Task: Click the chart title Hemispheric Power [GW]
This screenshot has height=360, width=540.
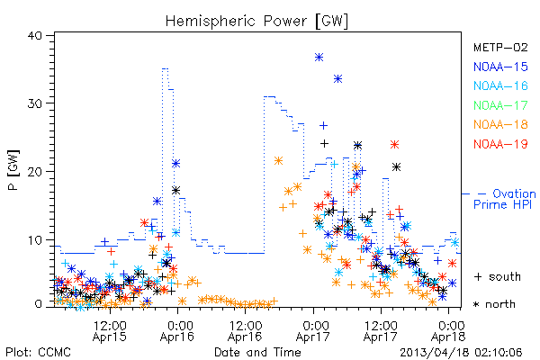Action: (256, 22)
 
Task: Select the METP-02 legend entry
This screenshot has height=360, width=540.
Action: (500, 47)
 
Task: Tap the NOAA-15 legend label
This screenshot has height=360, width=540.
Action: (500, 67)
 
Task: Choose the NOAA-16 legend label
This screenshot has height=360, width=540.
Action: (500, 85)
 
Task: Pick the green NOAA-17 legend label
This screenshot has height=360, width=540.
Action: (500, 105)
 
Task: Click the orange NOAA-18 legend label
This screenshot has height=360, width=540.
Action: (500, 124)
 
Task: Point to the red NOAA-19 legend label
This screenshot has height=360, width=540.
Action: (500, 144)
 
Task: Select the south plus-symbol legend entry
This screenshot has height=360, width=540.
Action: (498, 276)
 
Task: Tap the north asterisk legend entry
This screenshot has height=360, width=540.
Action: (494, 304)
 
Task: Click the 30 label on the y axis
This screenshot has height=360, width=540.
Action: (34, 103)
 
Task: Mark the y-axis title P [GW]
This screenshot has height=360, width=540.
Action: (13, 170)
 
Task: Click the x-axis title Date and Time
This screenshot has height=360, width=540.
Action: (257, 352)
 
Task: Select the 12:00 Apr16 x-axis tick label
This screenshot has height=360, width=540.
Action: (246, 331)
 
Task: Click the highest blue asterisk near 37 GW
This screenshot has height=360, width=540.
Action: (319, 58)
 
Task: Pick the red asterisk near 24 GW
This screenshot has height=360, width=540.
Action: (395, 144)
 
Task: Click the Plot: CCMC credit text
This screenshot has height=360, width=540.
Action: (39, 352)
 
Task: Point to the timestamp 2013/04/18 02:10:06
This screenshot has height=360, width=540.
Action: (461, 352)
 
